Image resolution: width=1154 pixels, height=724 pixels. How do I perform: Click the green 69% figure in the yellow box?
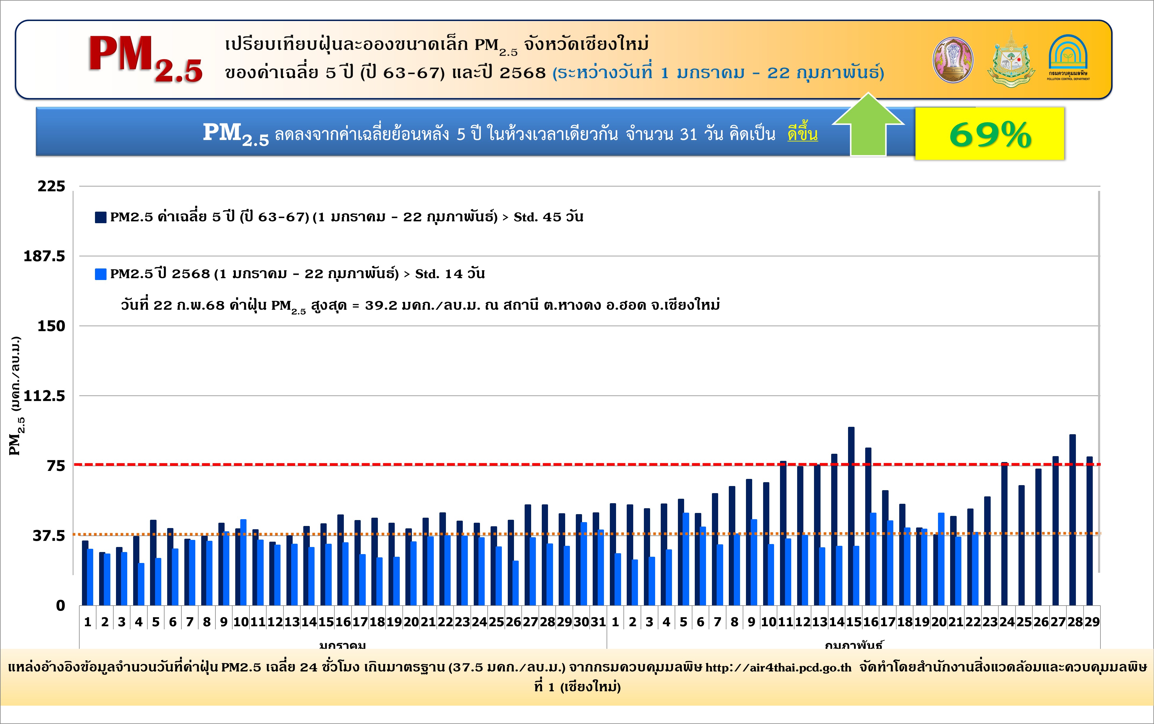990,135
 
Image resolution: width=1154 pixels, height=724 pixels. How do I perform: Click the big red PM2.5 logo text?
145,58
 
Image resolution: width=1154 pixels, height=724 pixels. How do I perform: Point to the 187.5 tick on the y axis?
44,256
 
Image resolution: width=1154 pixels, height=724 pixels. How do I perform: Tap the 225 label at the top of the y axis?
51,186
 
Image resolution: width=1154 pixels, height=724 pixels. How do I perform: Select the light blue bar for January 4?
141,584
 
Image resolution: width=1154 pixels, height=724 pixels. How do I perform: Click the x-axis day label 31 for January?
598,622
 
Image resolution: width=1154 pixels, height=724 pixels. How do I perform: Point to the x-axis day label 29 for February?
1092,622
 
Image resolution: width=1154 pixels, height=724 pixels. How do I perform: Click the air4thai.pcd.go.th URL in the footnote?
778,667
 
